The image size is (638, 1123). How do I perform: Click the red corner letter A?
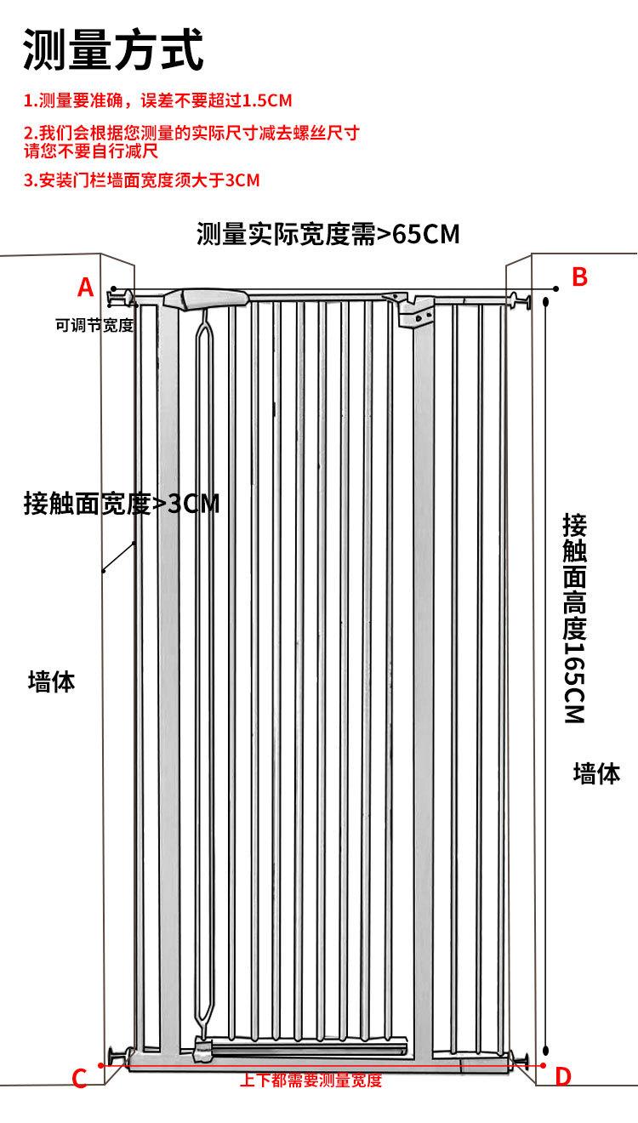pyautogui.click(x=85, y=288)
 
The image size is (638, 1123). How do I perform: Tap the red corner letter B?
pyautogui.click(x=579, y=276)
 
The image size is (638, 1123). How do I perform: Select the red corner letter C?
pyautogui.click(x=79, y=1080)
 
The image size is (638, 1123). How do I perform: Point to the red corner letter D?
pyautogui.click(x=563, y=1076)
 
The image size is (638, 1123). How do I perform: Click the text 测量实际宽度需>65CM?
pyautogui.click(x=328, y=234)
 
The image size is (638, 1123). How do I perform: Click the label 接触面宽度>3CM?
pyautogui.click(x=122, y=504)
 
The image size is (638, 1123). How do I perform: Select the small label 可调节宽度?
pyautogui.click(x=94, y=325)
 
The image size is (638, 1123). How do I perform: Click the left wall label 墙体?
pyautogui.click(x=52, y=681)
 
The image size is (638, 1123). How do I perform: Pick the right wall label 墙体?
pyautogui.click(x=596, y=773)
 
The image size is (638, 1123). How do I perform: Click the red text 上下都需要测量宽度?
pyautogui.click(x=311, y=1081)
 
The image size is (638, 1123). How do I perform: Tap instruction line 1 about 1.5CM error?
pyautogui.click(x=157, y=101)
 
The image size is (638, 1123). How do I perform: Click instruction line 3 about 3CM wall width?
pyautogui.click(x=141, y=180)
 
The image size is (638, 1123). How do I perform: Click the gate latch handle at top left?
pyautogui.click(x=207, y=299)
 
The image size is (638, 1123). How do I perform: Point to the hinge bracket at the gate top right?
pyautogui.click(x=411, y=307)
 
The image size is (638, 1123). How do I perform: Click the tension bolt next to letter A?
pyautogui.click(x=119, y=296)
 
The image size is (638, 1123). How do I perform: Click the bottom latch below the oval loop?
pyautogui.click(x=204, y=1050)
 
